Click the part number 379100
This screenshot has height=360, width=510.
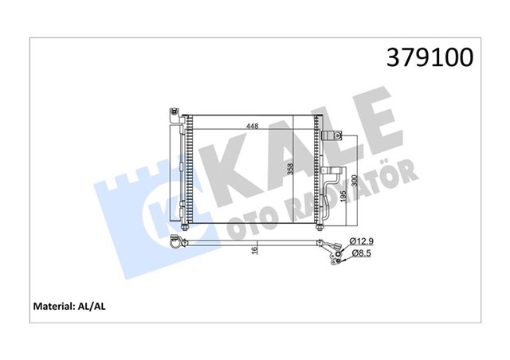coord(430,57)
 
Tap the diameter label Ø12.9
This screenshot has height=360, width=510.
coord(361,241)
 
